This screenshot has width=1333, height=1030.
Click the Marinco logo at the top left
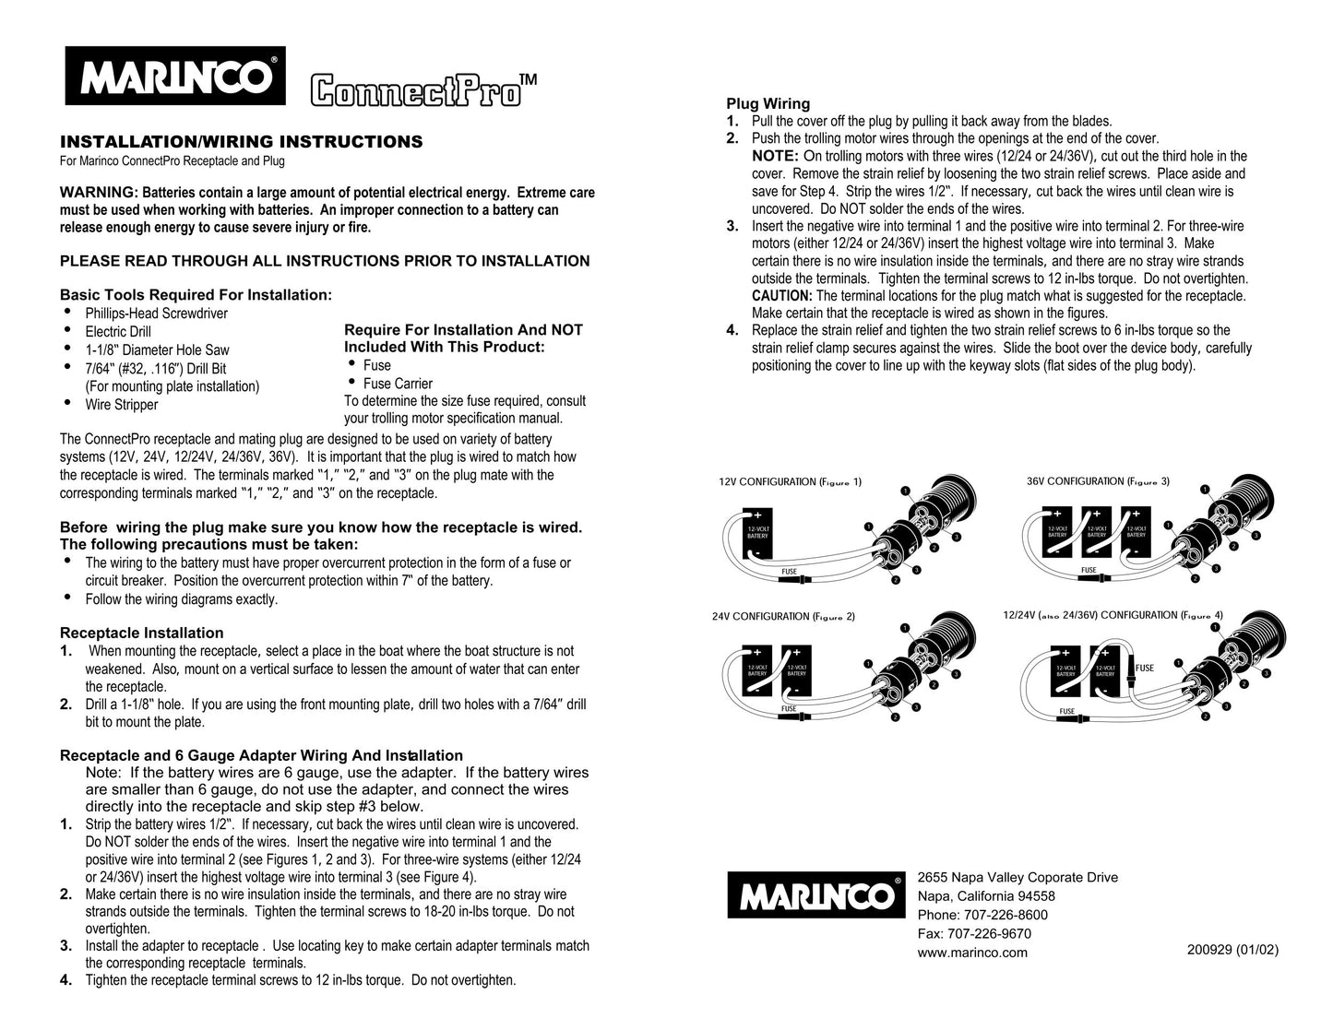175,76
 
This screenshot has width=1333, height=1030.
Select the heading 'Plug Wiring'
768,104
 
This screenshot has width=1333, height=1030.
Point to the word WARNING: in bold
99,193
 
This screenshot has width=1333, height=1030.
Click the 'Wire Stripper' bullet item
121,405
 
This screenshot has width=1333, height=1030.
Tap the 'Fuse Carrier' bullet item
398,384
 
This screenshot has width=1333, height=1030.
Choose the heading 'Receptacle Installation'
141,633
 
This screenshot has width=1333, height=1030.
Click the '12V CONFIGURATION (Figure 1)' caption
790,482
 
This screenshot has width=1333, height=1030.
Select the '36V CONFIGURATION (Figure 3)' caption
1098,481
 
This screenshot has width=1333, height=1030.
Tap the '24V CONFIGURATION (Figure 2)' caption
783,617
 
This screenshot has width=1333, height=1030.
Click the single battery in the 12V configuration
756,534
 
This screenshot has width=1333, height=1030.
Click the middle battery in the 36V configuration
1096,532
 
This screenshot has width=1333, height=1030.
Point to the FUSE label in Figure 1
789,572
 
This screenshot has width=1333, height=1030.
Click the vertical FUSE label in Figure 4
1144,669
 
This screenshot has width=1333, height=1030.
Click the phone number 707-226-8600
982,915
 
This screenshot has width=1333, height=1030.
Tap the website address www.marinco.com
972,953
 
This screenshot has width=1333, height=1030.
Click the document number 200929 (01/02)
1232,950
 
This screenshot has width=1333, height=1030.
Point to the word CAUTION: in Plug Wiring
781,296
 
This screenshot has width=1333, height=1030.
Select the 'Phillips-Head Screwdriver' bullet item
156,314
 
